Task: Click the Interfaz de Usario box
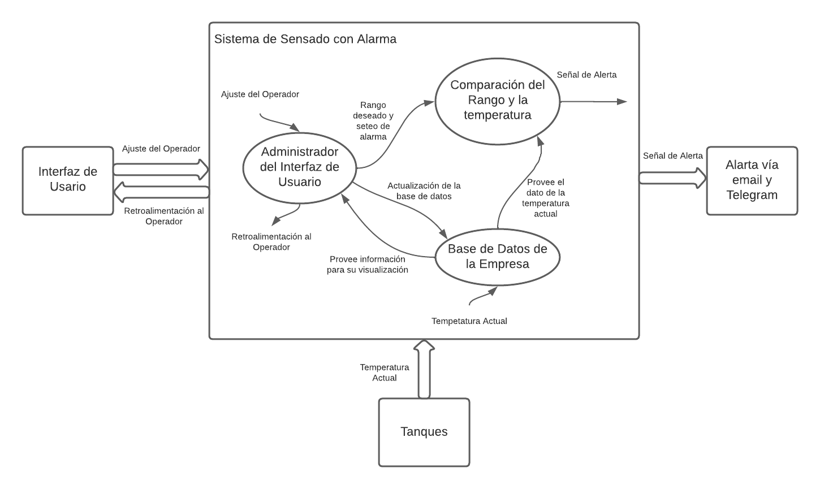tap(68, 180)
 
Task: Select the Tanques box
tap(424, 432)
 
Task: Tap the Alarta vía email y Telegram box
tap(752, 180)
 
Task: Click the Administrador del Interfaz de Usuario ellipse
tap(300, 167)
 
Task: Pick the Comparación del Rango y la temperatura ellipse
tap(497, 101)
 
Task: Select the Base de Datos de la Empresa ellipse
tap(497, 257)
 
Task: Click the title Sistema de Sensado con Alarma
tap(305, 39)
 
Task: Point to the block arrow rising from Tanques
tap(424, 370)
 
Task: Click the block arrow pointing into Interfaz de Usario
tap(161, 193)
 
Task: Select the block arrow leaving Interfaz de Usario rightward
tap(161, 169)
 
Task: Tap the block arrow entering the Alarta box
tap(672, 178)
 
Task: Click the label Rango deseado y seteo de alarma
tap(373, 121)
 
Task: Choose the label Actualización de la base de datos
tap(424, 191)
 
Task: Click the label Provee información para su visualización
tap(368, 265)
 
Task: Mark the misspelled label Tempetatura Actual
tap(469, 321)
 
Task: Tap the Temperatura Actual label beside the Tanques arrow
tap(385, 373)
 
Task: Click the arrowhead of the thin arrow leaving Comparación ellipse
tap(622, 102)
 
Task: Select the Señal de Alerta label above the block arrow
tap(673, 156)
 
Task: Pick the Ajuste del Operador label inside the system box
tap(260, 94)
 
